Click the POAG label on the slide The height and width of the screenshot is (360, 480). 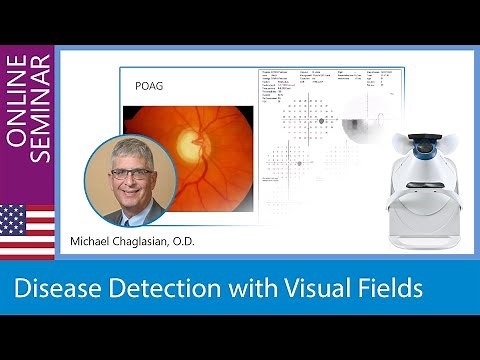(x=148, y=86)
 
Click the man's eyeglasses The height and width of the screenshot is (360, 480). (x=133, y=173)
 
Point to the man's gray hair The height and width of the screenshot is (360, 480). (x=131, y=147)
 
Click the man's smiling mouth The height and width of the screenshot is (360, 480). (x=133, y=192)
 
